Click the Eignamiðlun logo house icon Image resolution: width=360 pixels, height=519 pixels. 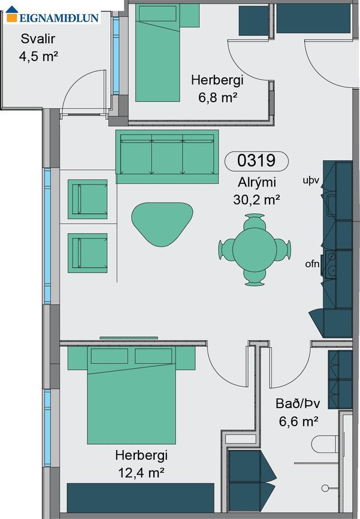[12, 14]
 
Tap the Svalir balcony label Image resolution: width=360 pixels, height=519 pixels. [38, 39]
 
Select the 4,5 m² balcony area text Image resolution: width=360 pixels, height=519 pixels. [38, 56]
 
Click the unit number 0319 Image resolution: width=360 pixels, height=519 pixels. [256, 160]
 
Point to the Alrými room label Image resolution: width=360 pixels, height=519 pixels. [256, 183]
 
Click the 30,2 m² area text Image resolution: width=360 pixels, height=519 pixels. [256, 199]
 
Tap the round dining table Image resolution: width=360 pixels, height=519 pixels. [255, 249]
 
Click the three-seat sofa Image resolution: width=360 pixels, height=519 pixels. [167, 157]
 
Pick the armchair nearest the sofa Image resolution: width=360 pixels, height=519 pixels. [88, 199]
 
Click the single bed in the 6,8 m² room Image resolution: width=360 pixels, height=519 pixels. [158, 53]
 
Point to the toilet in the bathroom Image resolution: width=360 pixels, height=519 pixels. [325, 444]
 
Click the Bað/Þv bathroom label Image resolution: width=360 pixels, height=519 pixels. [298, 404]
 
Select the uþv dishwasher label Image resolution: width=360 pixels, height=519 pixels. [311, 180]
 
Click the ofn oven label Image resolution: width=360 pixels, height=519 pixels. [312, 264]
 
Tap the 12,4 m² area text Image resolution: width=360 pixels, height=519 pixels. [141, 473]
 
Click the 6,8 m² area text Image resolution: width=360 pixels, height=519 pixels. [217, 98]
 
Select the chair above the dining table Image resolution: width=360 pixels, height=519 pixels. [255, 221]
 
